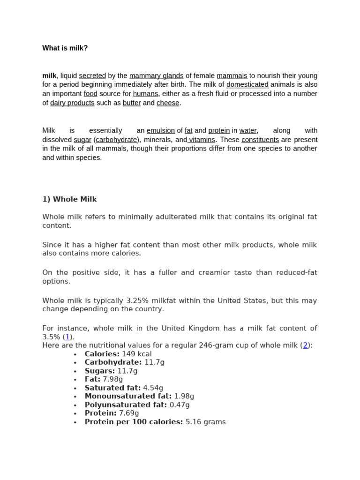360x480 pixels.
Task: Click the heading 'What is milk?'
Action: point(65,48)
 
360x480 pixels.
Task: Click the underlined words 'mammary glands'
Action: point(156,76)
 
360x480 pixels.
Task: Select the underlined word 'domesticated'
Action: point(247,85)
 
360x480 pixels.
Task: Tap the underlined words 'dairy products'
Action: point(72,103)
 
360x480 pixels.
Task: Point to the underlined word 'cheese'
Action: point(168,103)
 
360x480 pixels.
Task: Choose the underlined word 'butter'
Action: point(132,103)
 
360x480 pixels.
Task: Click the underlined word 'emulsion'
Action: point(161,131)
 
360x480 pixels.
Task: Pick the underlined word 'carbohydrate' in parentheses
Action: point(117,140)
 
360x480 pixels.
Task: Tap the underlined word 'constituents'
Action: point(260,140)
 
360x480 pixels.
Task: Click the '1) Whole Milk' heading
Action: point(69,199)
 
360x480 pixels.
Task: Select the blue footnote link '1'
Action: point(67,337)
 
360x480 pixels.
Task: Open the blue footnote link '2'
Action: point(305,345)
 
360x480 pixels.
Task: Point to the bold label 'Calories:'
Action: point(102,354)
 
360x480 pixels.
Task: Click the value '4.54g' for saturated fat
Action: point(153,388)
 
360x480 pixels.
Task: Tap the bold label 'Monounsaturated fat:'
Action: point(128,396)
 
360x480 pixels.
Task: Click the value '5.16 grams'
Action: point(205,422)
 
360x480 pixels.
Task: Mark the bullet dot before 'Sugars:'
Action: point(75,371)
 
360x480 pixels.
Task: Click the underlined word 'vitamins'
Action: point(202,140)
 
